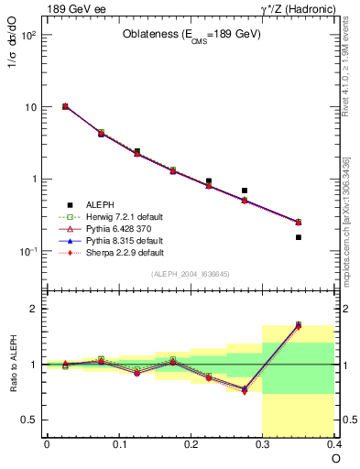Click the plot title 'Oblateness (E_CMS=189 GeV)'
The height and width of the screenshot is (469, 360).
tap(191, 35)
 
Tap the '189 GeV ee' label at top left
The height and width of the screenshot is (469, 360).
tap(71, 8)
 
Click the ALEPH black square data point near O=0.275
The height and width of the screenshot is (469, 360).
tap(245, 191)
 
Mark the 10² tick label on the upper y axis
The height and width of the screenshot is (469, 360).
tap(27, 35)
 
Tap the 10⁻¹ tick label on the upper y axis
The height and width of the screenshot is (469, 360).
tap(27, 251)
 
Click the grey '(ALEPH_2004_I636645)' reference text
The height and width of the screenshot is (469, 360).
tap(191, 273)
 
